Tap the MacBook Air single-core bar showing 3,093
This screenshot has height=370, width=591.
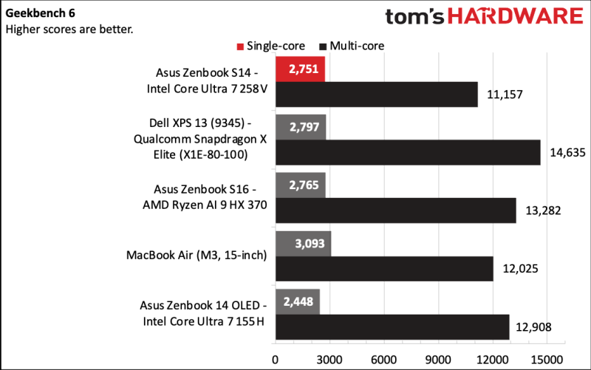click(x=303, y=243)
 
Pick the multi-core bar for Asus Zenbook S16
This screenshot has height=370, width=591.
click(x=395, y=210)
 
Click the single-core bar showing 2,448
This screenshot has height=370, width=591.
click(x=298, y=301)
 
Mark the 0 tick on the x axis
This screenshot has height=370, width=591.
click(x=276, y=358)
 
